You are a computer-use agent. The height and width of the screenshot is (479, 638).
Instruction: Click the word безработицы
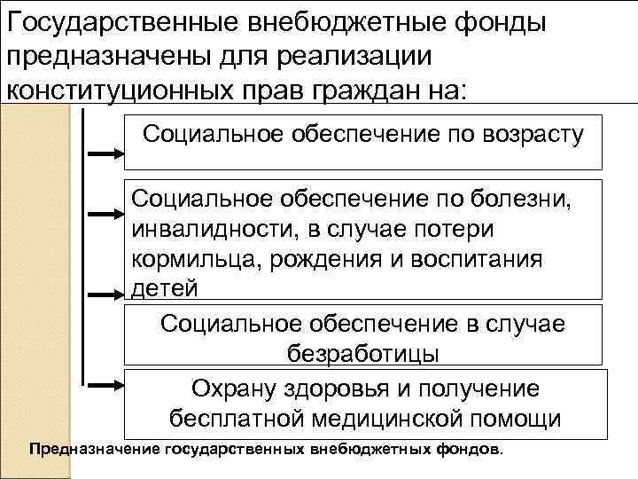(x=363, y=351)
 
